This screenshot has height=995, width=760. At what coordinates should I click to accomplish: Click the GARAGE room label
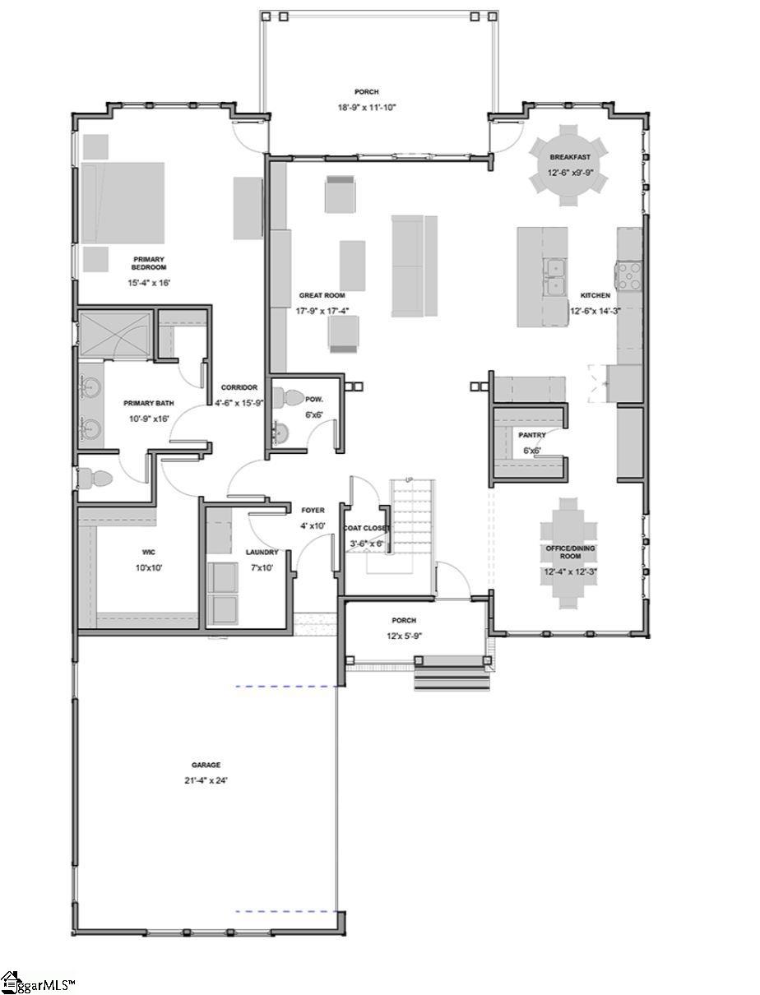point(206,765)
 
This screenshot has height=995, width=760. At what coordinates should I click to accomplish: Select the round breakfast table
point(568,164)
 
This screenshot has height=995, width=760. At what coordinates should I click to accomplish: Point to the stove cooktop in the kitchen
point(629,275)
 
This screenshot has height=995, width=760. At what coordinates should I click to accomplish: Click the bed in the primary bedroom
point(122,201)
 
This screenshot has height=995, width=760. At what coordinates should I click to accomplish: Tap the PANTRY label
point(531,435)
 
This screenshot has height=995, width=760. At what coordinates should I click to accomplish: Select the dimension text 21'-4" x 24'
point(206,780)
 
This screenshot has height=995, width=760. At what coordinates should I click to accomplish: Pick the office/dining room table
point(568,553)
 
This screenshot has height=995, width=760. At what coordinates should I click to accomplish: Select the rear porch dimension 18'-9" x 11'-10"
point(367,107)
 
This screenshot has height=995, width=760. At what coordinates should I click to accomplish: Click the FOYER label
point(313,511)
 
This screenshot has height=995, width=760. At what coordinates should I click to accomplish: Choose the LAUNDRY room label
point(262,552)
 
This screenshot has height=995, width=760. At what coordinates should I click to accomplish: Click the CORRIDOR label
point(239,387)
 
